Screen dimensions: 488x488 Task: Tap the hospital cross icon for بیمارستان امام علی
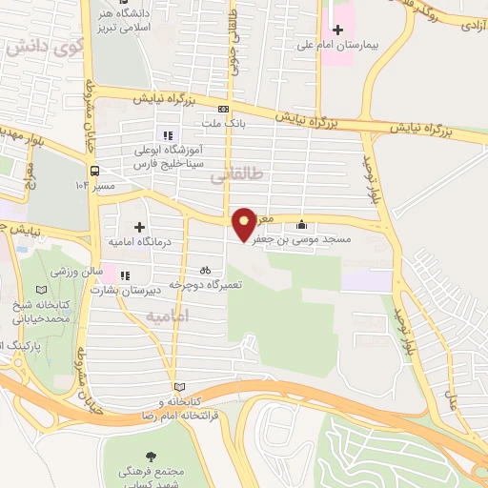(336, 30)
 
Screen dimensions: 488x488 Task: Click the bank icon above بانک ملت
(223, 109)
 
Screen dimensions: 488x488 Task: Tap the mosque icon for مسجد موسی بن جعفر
(303, 225)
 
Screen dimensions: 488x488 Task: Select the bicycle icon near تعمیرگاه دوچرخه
(205, 270)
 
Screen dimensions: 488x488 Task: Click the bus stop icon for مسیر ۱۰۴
(94, 171)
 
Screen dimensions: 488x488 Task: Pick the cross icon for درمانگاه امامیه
(140, 228)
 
